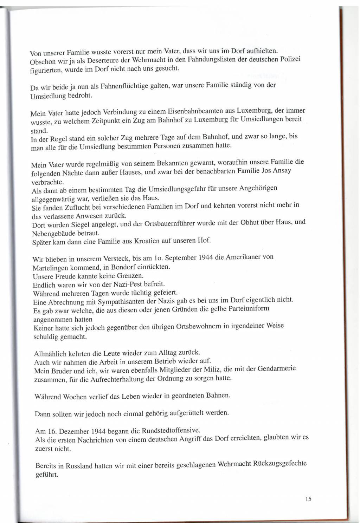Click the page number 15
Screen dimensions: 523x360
pyautogui.click(x=309, y=499)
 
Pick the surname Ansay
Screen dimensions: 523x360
pyautogui.click(x=282, y=171)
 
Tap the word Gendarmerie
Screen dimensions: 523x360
pyautogui.click(x=277, y=369)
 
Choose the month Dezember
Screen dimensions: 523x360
pyautogui.click(x=75, y=431)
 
